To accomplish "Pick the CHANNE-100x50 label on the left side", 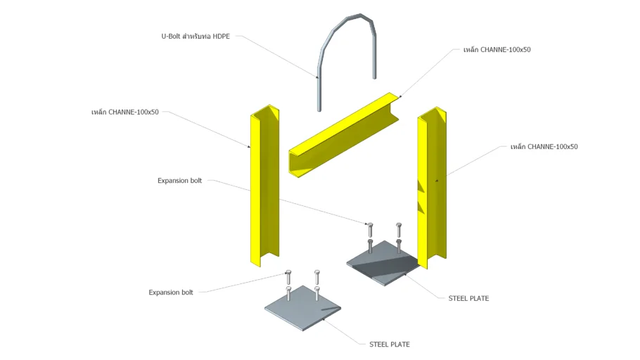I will [x=124, y=112].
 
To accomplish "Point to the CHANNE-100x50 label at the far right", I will [x=544, y=147].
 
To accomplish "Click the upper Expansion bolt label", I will [x=179, y=181].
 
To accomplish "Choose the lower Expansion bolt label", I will [x=171, y=292].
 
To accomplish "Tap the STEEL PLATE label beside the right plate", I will [x=468, y=298].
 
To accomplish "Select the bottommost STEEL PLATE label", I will [x=389, y=345].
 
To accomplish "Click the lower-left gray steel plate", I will [x=302, y=309].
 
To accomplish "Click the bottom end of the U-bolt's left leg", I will [x=319, y=108].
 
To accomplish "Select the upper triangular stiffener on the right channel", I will [x=421, y=186].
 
